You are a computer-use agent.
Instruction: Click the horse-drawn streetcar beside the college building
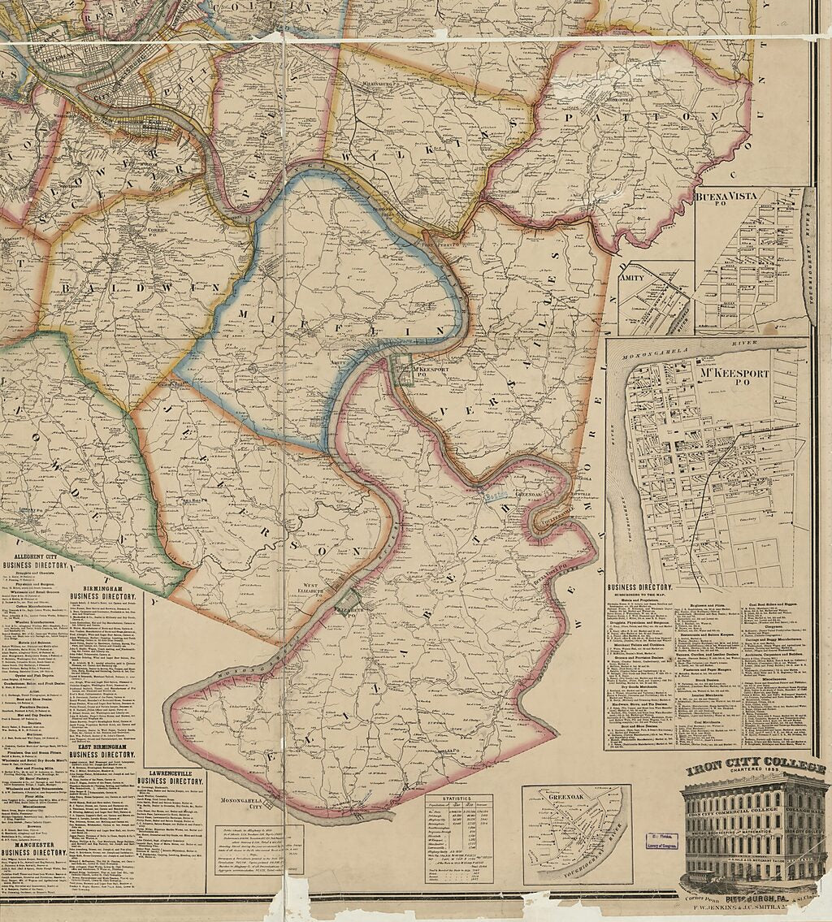tap(705, 878)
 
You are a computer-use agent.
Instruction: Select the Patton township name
tap(631, 117)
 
